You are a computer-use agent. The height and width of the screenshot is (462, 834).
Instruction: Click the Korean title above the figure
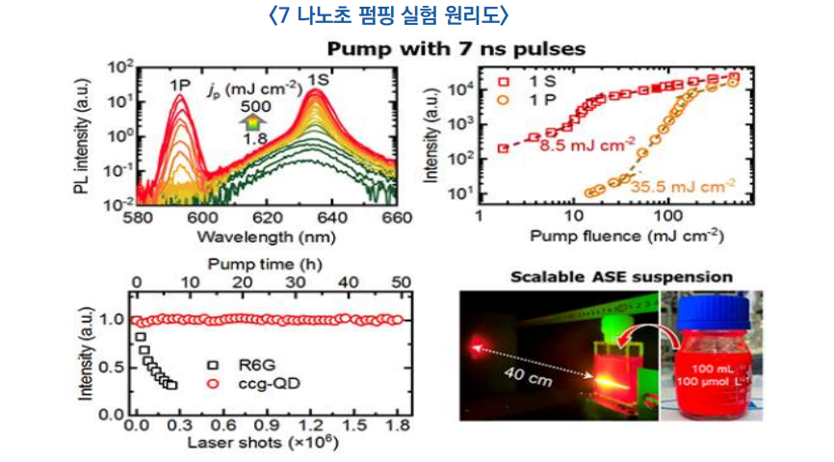(x=391, y=14)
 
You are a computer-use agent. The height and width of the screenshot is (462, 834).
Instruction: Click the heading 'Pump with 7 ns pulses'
(x=456, y=48)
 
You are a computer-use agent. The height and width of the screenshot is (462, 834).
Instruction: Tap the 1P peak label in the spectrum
(x=181, y=84)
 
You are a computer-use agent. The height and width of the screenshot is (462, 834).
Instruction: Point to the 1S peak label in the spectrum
(x=319, y=80)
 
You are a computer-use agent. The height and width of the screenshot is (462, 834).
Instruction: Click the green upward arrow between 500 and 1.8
(x=251, y=122)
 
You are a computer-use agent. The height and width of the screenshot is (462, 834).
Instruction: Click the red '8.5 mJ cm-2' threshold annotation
(x=588, y=145)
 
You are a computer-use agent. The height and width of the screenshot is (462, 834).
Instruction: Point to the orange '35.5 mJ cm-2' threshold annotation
(x=685, y=186)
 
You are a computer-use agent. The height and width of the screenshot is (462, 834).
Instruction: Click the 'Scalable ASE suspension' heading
(x=622, y=277)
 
